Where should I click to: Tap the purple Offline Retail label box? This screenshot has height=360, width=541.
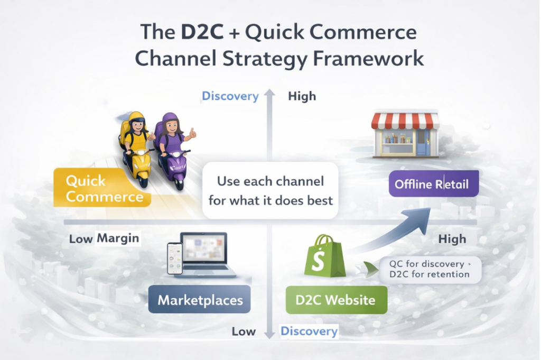pos(434,185)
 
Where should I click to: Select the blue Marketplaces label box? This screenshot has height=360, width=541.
pos(200,300)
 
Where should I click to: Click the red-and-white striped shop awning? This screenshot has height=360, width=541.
pos(405,121)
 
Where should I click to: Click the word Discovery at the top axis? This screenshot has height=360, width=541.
pos(230,96)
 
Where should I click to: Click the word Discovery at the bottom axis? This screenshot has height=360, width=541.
pos(309,331)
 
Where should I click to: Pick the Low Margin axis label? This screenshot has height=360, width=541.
pos(104,238)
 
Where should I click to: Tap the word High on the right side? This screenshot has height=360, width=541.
pos(453,239)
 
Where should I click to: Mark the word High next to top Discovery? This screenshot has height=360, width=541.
pos(302,96)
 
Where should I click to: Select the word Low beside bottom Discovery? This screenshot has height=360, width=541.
pos(245,331)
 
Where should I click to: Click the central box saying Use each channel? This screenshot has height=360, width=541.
pos(270,191)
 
